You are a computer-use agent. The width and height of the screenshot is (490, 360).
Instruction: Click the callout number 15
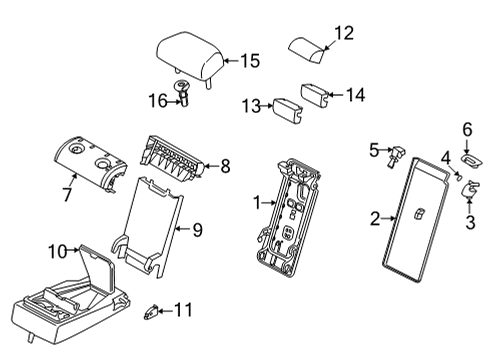[249, 61]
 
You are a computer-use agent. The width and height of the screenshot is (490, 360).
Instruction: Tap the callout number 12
[343, 33]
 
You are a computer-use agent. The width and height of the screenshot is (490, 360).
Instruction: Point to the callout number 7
[66, 193]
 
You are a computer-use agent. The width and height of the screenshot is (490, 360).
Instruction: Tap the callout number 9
[197, 230]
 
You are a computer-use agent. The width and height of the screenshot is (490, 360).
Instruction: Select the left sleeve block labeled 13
[289, 109]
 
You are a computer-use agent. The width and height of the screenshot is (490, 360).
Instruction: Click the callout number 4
[447, 156]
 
